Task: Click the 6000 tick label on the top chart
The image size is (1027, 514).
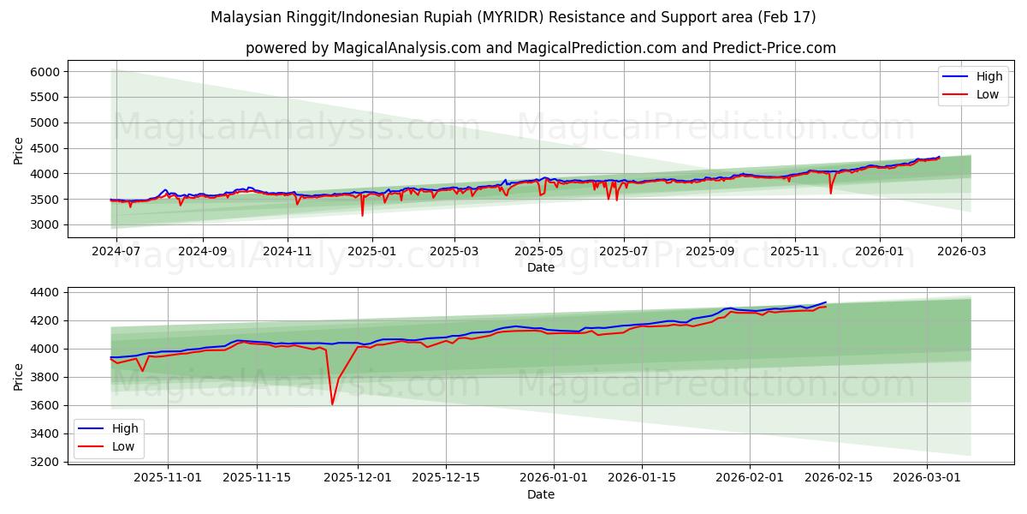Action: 45,72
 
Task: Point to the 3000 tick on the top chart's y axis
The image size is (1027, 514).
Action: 45,225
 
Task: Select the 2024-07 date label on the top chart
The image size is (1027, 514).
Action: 115,251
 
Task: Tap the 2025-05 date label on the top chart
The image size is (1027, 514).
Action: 539,251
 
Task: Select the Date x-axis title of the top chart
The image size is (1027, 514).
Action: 540,267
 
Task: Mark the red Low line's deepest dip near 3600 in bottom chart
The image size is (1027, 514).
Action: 332,404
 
